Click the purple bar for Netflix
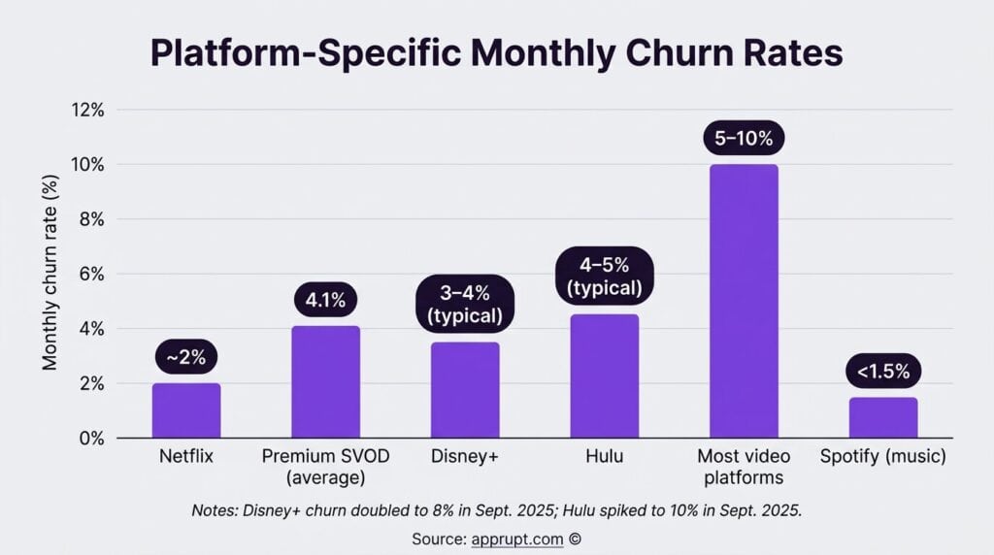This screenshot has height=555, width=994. pyautogui.click(x=186, y=410)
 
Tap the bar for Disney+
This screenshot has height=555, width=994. pyautogui.click(x=465, y=390)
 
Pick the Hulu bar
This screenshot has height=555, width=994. pyautogui.click(x=604, y=375)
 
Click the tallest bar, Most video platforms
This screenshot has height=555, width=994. pyautogui.click(x=744, y=301)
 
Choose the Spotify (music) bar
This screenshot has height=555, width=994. pyautogui.click(x=882, y=417)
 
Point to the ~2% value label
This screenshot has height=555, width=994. pyautogui.click(x=186, y=358)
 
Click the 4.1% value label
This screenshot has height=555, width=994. pyautogui.click(x=325, y=300)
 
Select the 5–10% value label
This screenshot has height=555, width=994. pyautogui.click(x=744, y=138)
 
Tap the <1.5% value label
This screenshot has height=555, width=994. pyautogui.click(x=882, y=371)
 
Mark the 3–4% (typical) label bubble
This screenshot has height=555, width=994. pyautogui.click(x=465, y=304)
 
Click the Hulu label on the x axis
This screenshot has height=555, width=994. pyautogui.click(x=604, y=457)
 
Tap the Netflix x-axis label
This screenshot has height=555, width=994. pyautogui.click(x=186, y=457)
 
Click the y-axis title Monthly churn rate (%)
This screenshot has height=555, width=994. pyautogui.click(x=50, y=274)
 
